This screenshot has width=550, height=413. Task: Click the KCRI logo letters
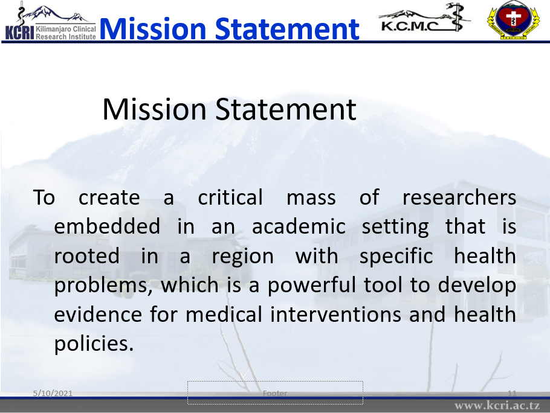pos(19,33)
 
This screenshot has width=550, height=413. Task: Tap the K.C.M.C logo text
pos(410,25)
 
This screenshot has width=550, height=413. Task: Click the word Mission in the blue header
pos(153,29)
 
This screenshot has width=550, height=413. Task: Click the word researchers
pos(459,197)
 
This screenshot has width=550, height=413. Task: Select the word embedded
pos(107,226)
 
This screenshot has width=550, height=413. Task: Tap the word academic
pos(299,226)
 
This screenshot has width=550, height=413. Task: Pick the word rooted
pos(86,256)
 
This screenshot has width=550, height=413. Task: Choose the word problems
pos(103,286)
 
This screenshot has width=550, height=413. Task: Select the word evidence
pos(98,314)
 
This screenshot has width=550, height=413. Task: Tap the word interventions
pos(335,314)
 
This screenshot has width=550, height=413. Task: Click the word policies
pos(94,344)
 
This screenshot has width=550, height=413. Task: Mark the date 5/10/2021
pos(53,393)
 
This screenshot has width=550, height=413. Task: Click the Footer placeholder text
pos(275,394)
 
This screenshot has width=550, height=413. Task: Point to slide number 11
pos(512,393)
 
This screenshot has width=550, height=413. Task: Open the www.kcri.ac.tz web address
pos(497,406)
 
